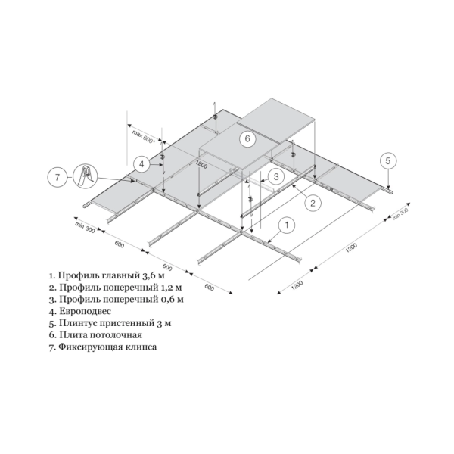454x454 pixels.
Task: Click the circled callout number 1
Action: pyautogui.click(x=287, y=225)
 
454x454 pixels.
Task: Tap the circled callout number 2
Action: pyautogui.click(x=313, y=203)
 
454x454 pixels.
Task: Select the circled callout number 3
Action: pyautogui.click(x=276, y=176)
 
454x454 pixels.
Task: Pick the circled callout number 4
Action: pyautogui.click(x=141, y=164)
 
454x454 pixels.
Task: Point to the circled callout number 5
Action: pyautogui.click(x=388, y=160)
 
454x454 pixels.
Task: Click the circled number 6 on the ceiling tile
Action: pyautogui.click(x=247, y=138)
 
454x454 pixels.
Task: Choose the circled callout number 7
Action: pyautogui.click(x=57, y=176)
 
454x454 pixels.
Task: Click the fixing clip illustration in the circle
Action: pyautogui.click(x=85, y=176)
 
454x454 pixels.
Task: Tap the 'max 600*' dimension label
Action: pyautogui.click(x=144, y=137)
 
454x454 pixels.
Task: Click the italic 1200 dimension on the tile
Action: pyautogui.click(x=201, y=164)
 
